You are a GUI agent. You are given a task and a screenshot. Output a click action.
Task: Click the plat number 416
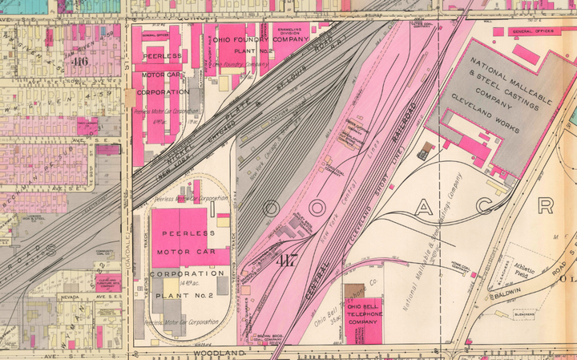tap(79, 61)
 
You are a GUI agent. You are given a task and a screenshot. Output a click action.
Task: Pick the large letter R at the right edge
tap(546, 205)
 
